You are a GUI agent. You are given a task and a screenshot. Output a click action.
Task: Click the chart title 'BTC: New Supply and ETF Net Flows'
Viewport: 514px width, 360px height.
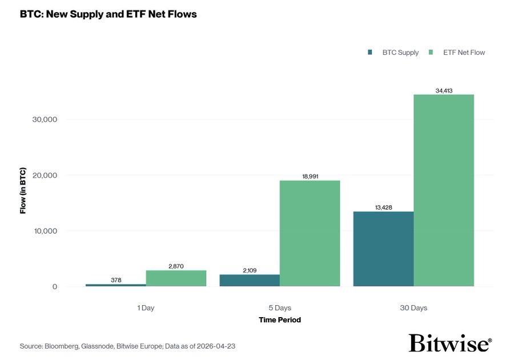(109, 14)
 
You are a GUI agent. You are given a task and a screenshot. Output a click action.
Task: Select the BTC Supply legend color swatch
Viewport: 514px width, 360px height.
(370, 53)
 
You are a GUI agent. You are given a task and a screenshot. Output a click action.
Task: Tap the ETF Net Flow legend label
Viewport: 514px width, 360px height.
(464, 53)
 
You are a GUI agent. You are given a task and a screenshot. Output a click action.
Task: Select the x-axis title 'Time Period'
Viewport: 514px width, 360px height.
(279, 320)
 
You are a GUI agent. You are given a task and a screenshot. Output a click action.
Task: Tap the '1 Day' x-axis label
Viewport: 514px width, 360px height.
(146, 308)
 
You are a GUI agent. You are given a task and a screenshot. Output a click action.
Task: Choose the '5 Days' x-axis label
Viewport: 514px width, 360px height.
(279, 308)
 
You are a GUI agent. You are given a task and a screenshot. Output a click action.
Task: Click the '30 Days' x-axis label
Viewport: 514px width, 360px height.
(413, 308)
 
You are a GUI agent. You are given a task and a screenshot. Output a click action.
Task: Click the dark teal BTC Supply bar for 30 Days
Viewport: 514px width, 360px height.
(383, 249)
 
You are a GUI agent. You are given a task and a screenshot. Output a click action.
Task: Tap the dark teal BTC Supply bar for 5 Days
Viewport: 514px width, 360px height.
(250, 281)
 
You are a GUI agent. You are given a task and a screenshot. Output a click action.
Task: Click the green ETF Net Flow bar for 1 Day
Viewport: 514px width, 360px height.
(176, 278)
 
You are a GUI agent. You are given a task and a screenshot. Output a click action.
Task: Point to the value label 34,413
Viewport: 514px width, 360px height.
(444, 90)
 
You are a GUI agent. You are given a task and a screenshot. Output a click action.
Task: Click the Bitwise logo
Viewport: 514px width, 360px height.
(449, 343)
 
